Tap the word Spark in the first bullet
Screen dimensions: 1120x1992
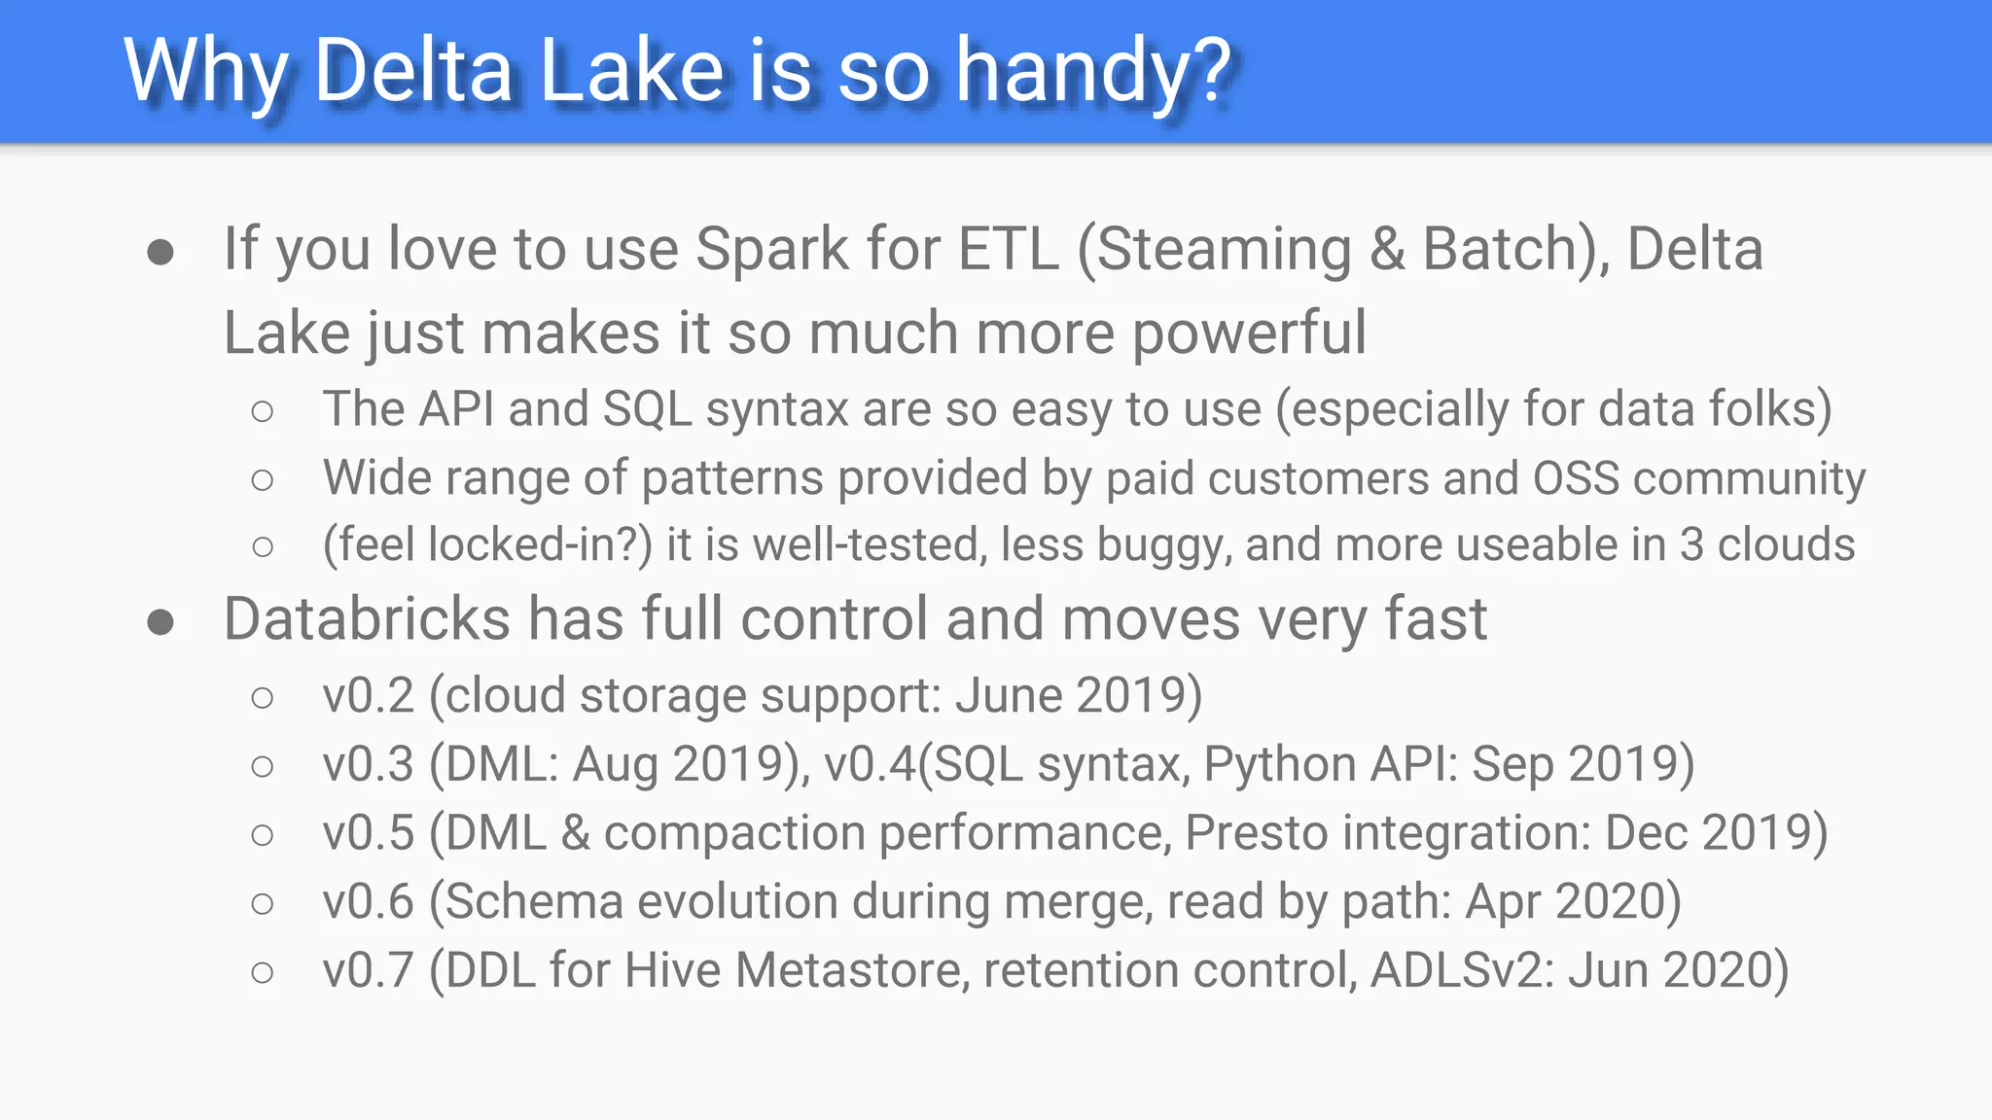pyautogui.click(x=772, y=249)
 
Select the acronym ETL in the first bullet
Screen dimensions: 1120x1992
pyautogui.click(x=1008, y=249)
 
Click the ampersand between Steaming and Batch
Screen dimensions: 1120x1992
pyautogui.click(x=1387, y=249)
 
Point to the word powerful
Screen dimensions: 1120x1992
pyautogui.click(x=1249, y=333)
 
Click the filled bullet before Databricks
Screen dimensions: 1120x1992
pyautogui.click(x=160, y=622)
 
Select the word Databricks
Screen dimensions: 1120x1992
pyautogui.click(x=367, y=619)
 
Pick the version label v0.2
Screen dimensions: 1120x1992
pyautogui.click(x=369, y=696)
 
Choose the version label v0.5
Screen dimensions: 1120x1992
pyautogui.click(x=369, y=834)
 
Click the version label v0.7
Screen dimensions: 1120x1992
pyautogui.click(x=369, y=971)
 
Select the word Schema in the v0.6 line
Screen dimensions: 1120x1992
pyautogui.click(x=533, y=902)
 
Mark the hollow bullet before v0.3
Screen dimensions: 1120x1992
pyautogui.click(x=262, y=767)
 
